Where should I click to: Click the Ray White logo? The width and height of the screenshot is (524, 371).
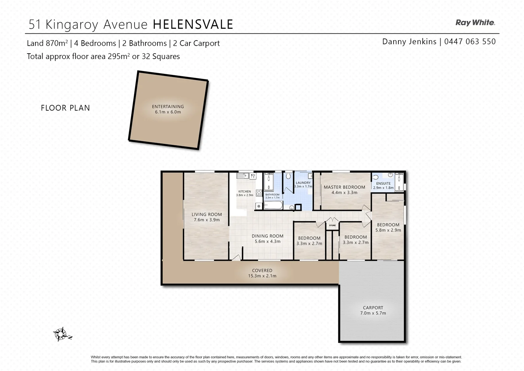(475, 23)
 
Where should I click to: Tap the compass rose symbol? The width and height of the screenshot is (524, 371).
(61, 334)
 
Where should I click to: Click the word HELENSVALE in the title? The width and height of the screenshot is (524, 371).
(193, 24)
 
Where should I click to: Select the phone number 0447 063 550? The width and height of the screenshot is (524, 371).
(470, 42)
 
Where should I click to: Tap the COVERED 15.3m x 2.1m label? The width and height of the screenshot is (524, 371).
(262, 273)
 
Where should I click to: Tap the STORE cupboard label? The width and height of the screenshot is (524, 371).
(332, 225)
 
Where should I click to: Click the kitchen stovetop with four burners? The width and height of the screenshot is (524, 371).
(259, 193)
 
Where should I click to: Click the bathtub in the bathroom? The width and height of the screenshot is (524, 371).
(273, 205)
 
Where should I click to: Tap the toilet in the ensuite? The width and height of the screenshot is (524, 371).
(376, 178)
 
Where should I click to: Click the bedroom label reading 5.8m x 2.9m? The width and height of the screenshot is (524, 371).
(388, 227)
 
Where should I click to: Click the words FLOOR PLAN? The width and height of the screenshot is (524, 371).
(65, 108)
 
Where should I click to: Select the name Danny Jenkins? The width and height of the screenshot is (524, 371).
(409, 42)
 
